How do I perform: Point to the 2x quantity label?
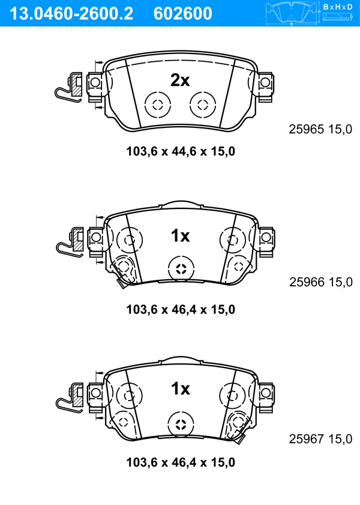click(x=179, y=80)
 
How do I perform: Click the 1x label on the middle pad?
click(x=179, y=236)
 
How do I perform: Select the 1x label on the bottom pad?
click(x=179, y=389)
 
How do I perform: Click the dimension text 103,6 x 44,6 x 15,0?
click(x=180, y=151)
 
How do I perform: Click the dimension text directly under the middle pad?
click(x=180, y=309)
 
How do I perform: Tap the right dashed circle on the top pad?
click(x=202, y=104)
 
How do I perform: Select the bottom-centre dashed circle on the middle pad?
click(x=181, y=268)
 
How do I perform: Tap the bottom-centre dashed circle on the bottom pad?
click(x=181, y=425)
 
